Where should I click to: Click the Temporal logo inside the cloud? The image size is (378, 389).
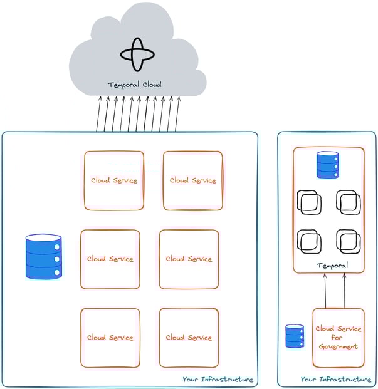(x=137, y=54)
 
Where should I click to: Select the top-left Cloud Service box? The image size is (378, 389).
(x=114, y=180)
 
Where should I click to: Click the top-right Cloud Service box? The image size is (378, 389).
(x=192, y=180)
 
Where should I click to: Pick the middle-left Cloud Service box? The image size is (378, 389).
(x=110, y=259)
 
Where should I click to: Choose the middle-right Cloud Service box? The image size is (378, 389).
(x=189, y=259)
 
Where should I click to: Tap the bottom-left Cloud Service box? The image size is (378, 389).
(x=110, y=338)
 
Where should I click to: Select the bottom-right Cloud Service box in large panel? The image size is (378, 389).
(x=189, y=338)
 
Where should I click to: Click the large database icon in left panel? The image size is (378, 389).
(x=44, y=256)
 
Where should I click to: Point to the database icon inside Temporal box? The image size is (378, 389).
(x=328, y=165)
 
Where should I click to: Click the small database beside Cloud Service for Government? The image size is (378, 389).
(x=295, y=336)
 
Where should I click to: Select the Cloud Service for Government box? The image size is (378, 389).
(x=338, y=337)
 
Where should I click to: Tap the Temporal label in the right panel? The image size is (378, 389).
(x=332, y=266)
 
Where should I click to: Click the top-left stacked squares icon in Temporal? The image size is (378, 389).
(x=309, y=202)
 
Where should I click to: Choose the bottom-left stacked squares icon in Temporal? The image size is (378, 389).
(x=309, y=241)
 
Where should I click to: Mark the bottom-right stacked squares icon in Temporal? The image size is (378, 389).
(x=348, y=241)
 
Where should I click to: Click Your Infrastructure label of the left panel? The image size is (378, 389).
(x=218, y=380)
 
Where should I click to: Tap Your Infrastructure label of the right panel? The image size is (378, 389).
(x=335, y=380)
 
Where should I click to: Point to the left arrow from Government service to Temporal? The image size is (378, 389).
(x=325, y=291)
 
